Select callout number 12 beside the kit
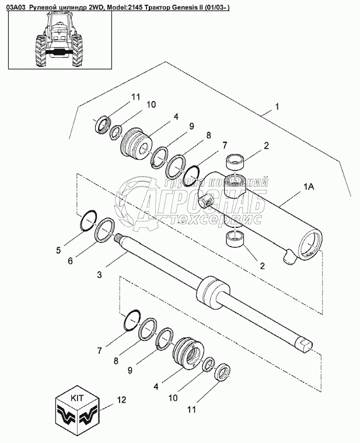[x=121, y=400]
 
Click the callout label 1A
[x=309, y=187]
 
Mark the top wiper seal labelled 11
[x=103, y=124]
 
